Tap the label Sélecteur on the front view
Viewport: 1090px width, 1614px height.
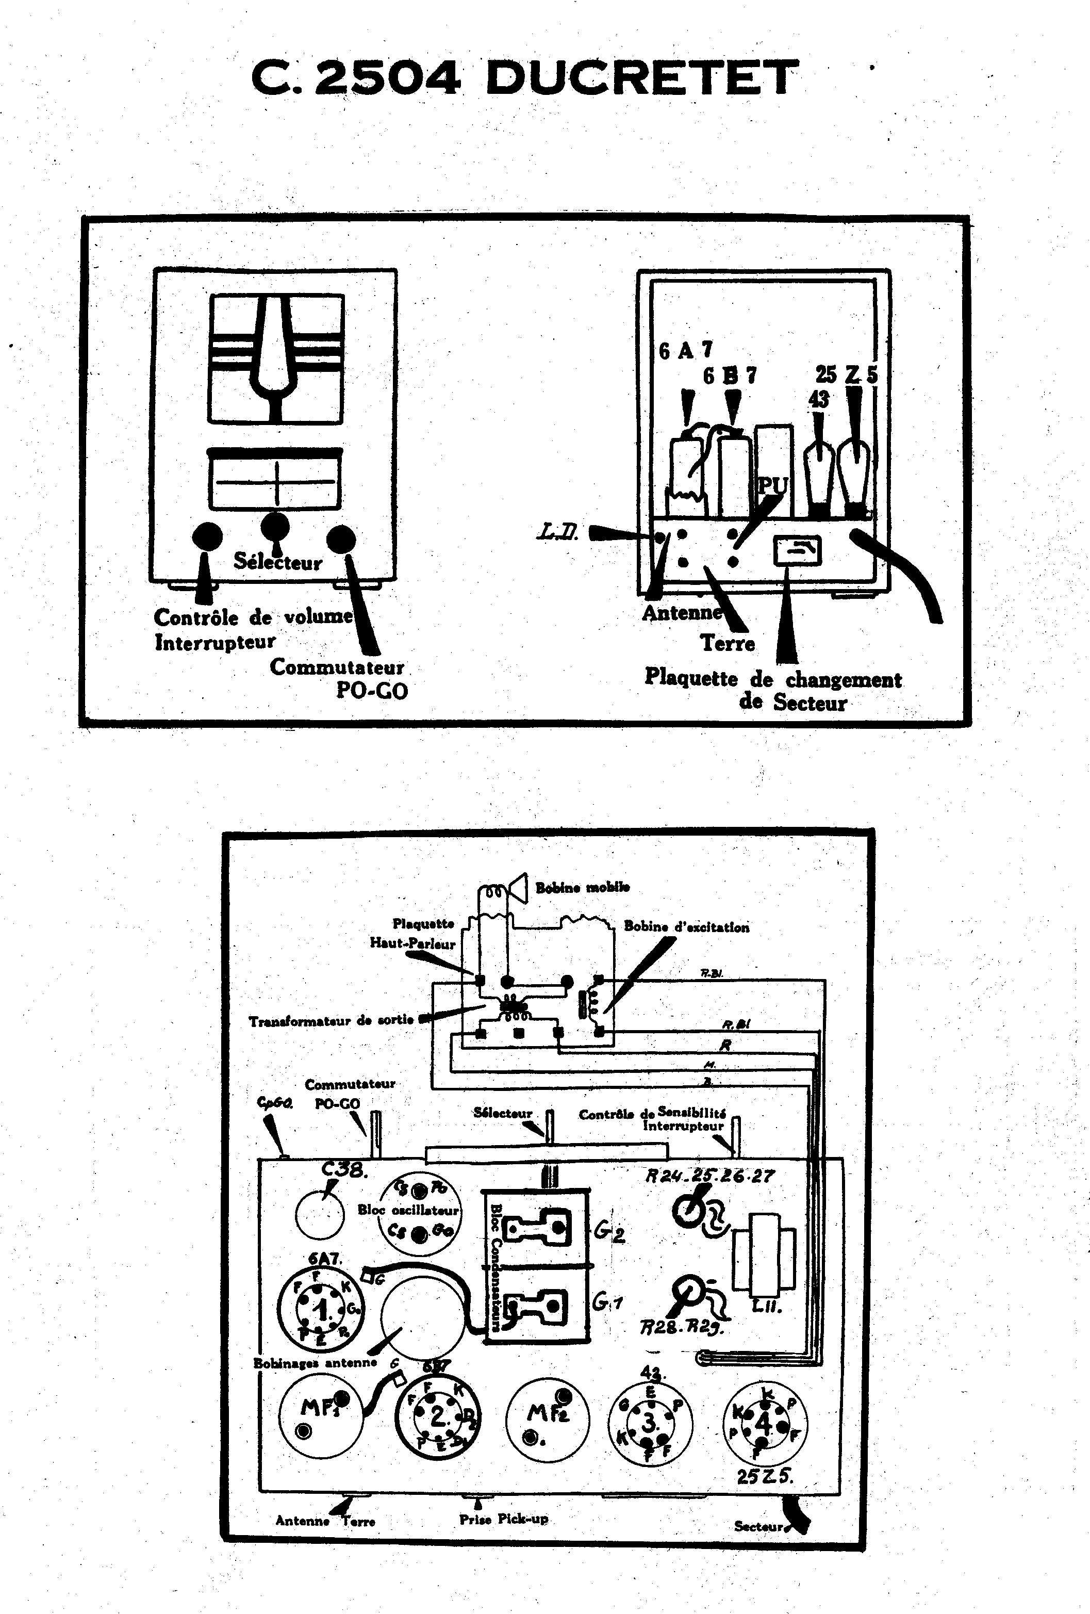click(x=278, y=561)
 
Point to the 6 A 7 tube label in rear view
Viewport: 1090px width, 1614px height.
click(x=685, y=350)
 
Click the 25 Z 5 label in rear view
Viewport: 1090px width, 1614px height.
click(x=846, y=375)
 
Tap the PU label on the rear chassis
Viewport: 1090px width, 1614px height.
click(x=771, y=485)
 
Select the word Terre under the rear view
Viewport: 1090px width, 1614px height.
click(x=727, y=643)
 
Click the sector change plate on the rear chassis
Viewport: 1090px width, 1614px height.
click(x=797, y=551)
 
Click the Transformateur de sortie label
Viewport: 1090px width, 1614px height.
click(x=331, y=1020)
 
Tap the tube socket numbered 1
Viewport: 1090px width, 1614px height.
click(x=321, y=1311)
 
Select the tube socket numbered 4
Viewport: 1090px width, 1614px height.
click(x=764, y=1423)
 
